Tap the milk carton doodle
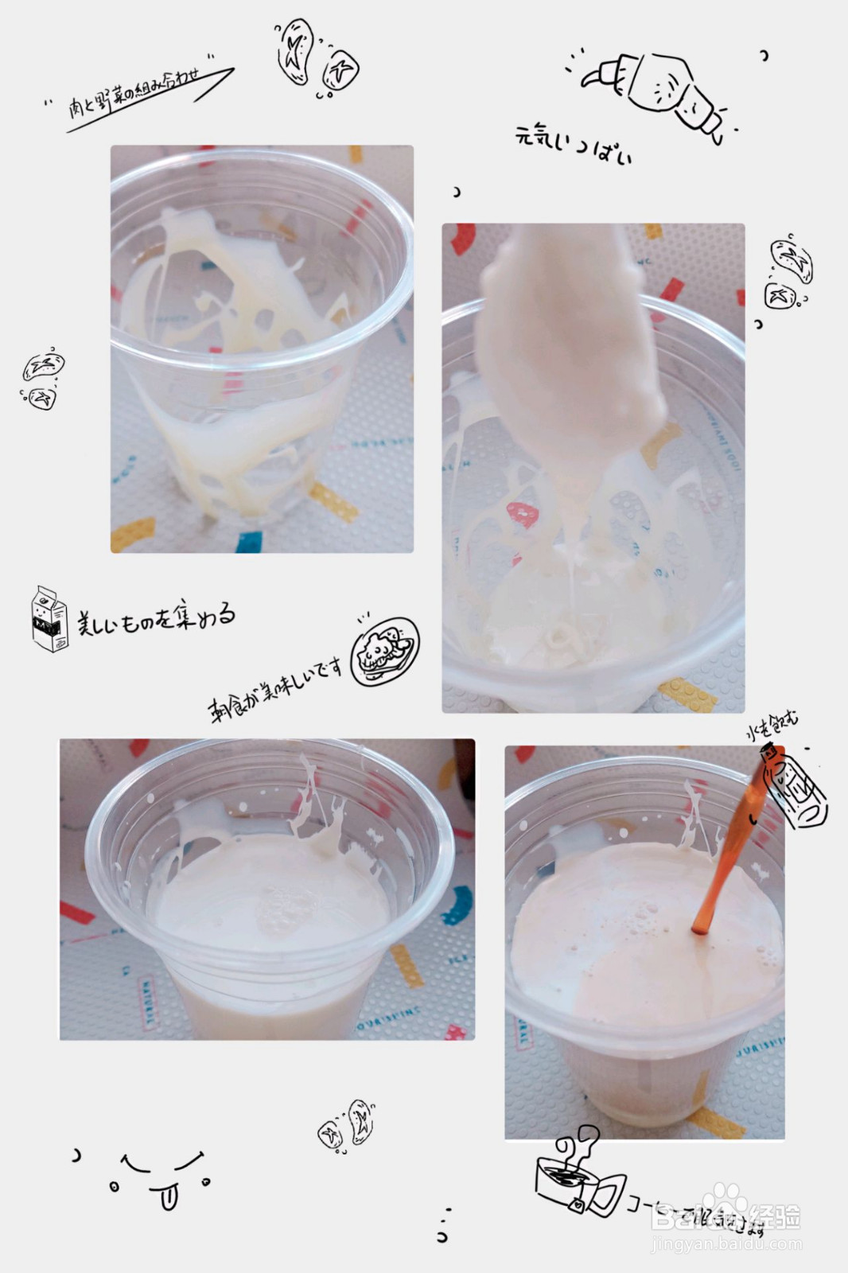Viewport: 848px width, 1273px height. coord(49,619)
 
